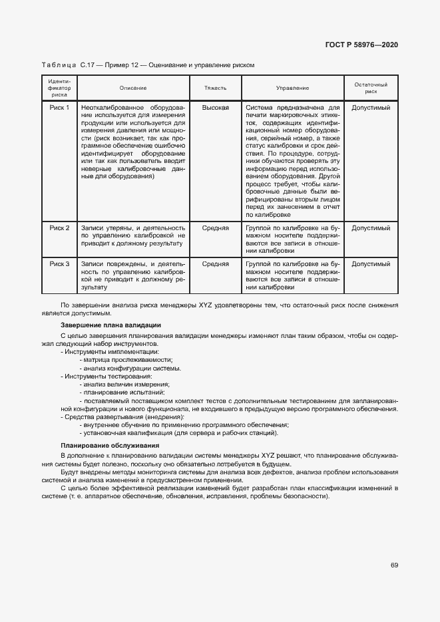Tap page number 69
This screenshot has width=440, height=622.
pos(394,565)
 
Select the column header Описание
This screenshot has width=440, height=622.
pos(133,88)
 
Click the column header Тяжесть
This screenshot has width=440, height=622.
pos(215,88)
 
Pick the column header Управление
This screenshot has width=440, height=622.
pos(292,88)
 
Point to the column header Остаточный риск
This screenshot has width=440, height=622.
pos(371,88)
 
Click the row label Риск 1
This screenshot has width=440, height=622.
pos(59,107)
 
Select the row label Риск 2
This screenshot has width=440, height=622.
pos(59,228)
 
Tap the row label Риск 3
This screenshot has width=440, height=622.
pos(59,264)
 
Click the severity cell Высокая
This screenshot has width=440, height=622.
pos(215,107)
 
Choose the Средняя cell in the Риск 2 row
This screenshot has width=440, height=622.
pos(215,228)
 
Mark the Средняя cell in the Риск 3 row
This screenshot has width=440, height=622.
pos(215,264)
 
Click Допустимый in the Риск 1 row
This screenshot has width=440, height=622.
pos(371,107)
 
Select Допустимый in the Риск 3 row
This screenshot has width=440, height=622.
pos(371,264)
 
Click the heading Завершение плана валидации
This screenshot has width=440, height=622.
pos(110,325)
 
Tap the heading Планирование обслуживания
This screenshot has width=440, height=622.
pos(110,445)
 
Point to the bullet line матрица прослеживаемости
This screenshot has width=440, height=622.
pos(123,359)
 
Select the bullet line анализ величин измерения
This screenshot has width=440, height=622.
pos(124,385)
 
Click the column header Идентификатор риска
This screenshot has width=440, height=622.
pos(59,88)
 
